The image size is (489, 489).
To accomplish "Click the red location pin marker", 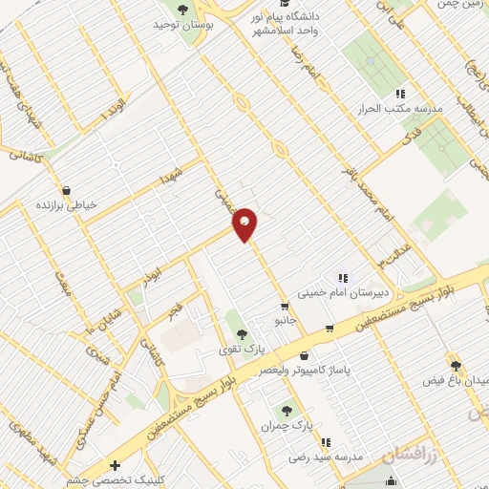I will (245, 223).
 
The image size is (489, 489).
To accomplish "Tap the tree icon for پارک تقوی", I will (240, 334).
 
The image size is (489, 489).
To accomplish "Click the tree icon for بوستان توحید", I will (181, 10).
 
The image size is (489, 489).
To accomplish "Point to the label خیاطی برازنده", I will (69, 204).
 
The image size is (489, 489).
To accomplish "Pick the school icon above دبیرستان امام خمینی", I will (342, 278).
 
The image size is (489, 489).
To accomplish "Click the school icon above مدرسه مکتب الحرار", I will (400, 94).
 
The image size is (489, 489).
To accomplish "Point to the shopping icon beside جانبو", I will (284, 307).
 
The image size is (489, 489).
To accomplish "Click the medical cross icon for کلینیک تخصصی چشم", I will (116, 466).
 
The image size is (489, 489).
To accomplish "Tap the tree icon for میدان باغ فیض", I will (456, 364).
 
